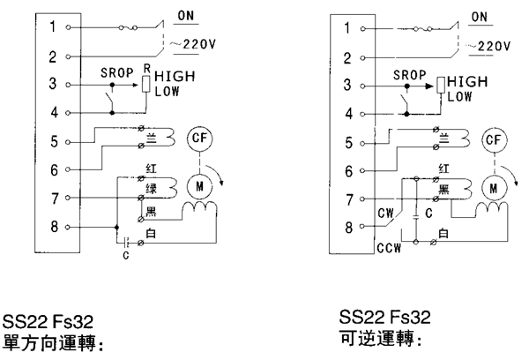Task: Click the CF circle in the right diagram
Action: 495,139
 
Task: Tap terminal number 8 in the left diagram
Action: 52,227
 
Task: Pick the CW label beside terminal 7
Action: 384,211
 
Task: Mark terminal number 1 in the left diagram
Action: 52,27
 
